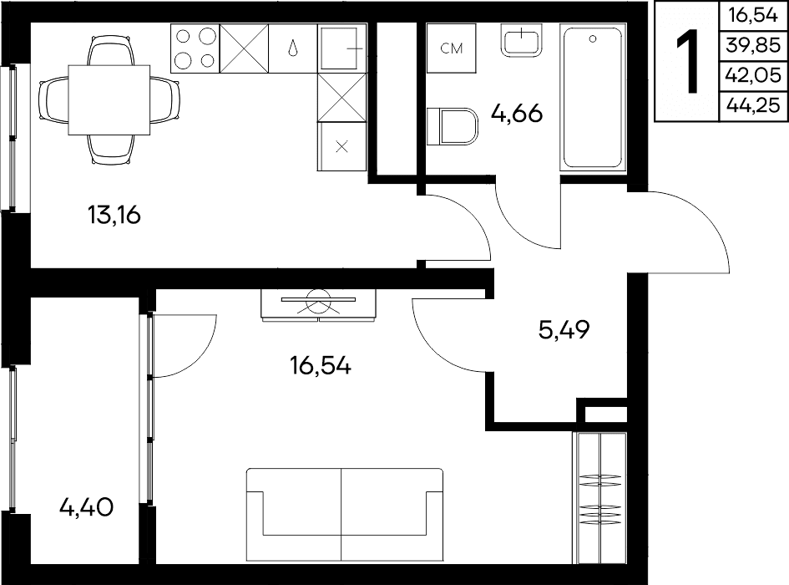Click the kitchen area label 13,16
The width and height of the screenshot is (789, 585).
[114, 215]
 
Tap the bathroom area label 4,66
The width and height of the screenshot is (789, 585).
[517, 114]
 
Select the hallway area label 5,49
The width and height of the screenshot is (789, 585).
[564, 330]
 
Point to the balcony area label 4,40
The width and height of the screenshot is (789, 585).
[86, 507]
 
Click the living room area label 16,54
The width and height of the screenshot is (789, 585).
[321, 365]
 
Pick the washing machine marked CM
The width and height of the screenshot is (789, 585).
[452, 48]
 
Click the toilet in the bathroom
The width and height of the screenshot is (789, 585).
[453, 126]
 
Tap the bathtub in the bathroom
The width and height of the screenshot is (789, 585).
[593, 98]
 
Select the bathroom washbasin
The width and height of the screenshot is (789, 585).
[522, 40]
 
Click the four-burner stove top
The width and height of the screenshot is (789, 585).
[195, 48]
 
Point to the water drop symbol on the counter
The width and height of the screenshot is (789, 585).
[293, 48]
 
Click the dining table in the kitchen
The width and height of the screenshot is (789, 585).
[109, 99]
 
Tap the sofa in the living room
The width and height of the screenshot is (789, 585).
[345, 515]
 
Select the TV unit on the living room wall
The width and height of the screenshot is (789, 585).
[318, 305]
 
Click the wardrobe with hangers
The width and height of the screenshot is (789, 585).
[599, 498]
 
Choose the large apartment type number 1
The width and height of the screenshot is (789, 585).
[687, 62]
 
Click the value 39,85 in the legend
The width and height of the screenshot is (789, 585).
[753, 46]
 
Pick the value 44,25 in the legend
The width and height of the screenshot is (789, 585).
[753, 106]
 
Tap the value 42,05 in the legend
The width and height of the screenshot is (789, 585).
[753, 75]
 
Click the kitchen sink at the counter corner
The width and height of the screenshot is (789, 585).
[342, 48]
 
